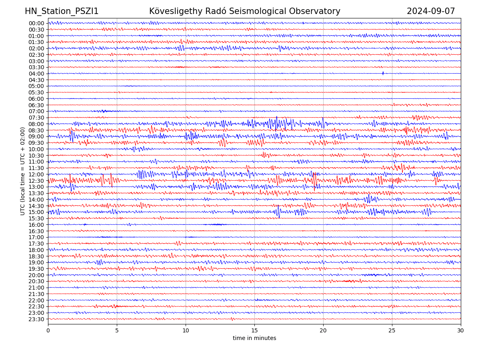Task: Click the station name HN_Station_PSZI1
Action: point(62,11)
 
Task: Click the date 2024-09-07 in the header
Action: point(431,11)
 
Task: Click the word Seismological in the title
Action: point(256,11)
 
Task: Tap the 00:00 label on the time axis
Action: point(36,23)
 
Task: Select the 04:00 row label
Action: point(36,74)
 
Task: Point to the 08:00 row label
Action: point(36,124)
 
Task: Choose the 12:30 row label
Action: point(36,181)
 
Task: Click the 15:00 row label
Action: point(36,212)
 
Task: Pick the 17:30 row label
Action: point(36,244)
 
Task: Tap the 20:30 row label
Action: point(36,281)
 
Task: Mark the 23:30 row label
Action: point(36,319)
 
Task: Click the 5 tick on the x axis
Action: point(117,331)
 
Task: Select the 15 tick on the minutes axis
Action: point(254,331)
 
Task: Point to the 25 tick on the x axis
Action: point(392,331)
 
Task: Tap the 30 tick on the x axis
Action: point(461,331)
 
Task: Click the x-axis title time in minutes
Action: point(254,338)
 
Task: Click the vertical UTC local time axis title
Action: point(23,171)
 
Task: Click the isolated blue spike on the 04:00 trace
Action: point(383,73)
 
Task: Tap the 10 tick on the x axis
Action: point(186,331)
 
